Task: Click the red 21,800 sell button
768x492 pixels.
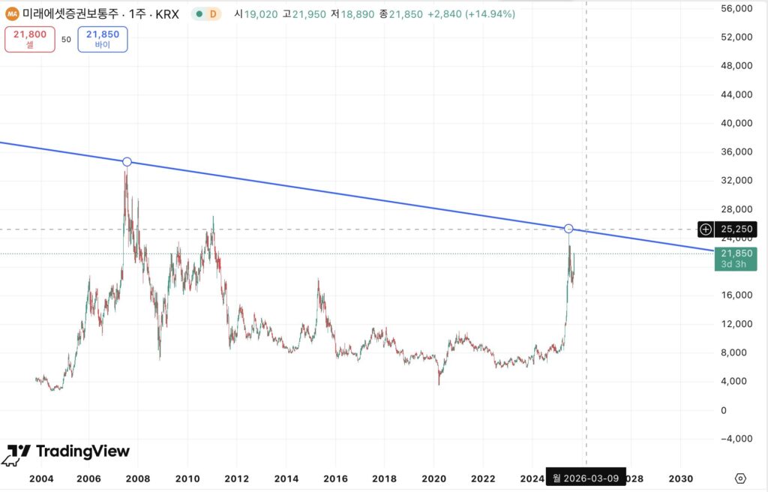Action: (x=30, y=39)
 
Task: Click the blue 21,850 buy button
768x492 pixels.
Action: (x=103, y=39)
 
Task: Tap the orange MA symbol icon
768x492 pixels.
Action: (x=12, y=13)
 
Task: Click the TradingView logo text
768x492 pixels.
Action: (x=82, y=451)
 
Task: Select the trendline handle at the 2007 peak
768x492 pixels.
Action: (x=127, y=162)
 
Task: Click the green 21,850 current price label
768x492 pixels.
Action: (x=735, y=258)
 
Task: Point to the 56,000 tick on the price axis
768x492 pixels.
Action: (x=736, y=9)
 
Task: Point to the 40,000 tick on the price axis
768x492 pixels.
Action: (x=736, y=123)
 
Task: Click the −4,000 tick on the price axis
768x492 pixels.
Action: (x=735, y=439)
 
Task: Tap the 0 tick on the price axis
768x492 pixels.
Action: (x=724, y=410)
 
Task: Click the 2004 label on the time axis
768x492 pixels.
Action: (x=40, y=478)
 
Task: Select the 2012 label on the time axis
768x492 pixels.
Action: (x=237, y=478)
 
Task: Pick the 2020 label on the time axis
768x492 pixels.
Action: (x=434, y=478)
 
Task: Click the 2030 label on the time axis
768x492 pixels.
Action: (x=680, y=478)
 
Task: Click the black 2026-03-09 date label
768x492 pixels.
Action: (x=586, y=478)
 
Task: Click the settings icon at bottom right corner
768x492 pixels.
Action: (x=741, y=478)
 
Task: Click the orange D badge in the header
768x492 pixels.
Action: (x=213, y=13)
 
